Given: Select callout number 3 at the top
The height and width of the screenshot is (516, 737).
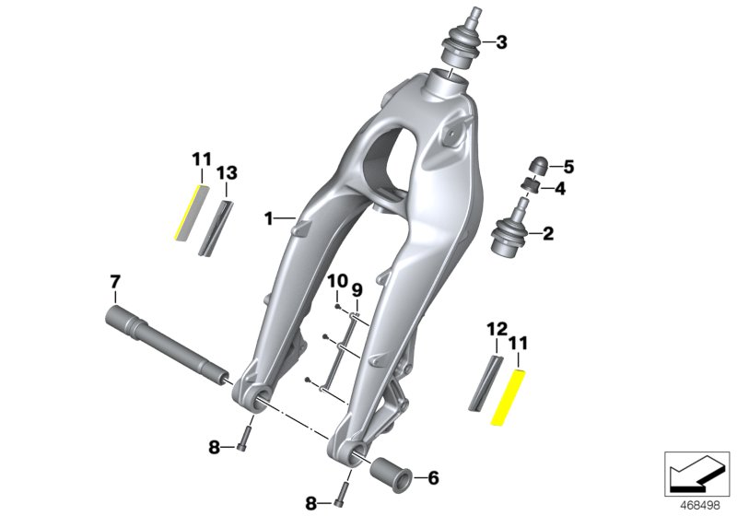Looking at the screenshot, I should tap(501, 41).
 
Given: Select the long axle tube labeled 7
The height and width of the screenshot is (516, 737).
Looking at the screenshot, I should tap(166, 346).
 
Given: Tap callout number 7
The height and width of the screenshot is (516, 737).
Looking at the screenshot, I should tap(115, 281).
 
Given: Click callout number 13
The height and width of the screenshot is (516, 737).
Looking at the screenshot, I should tap(227, 171).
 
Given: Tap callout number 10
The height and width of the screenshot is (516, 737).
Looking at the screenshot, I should tap(336, 281).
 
